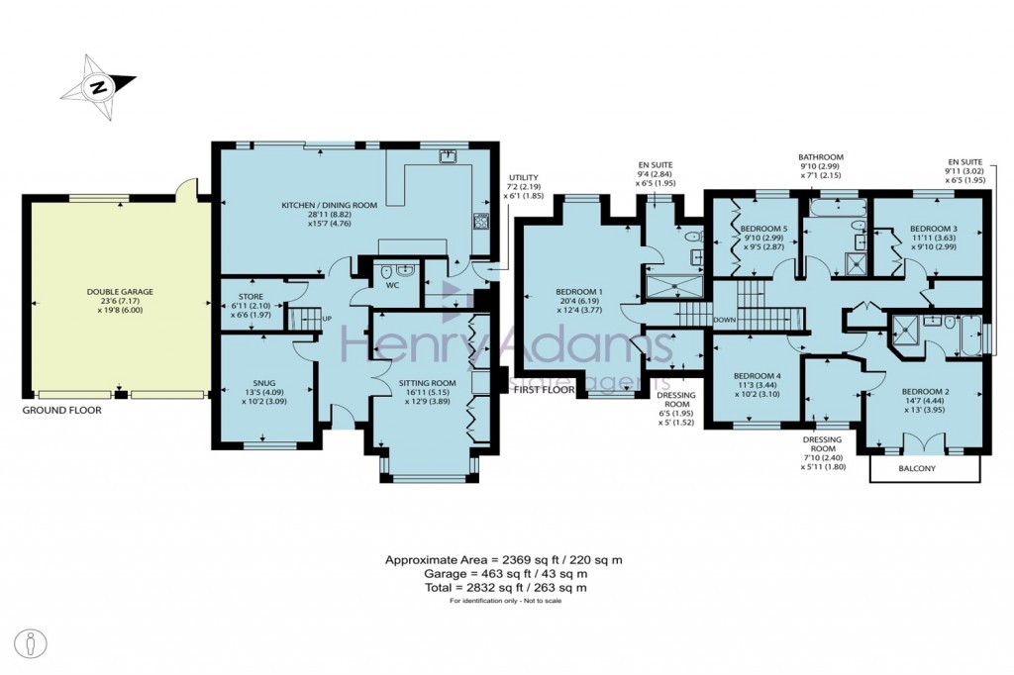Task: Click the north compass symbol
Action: click(98, 88)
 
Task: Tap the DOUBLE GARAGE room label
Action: click(120, 292)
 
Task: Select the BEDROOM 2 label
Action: click(925, 392)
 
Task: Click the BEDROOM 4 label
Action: click(758, 376)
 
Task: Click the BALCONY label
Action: click(924, 469)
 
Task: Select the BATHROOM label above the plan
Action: click(821, 156)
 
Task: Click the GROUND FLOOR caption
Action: click(61, 408)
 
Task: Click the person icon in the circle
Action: click(33, 642)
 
